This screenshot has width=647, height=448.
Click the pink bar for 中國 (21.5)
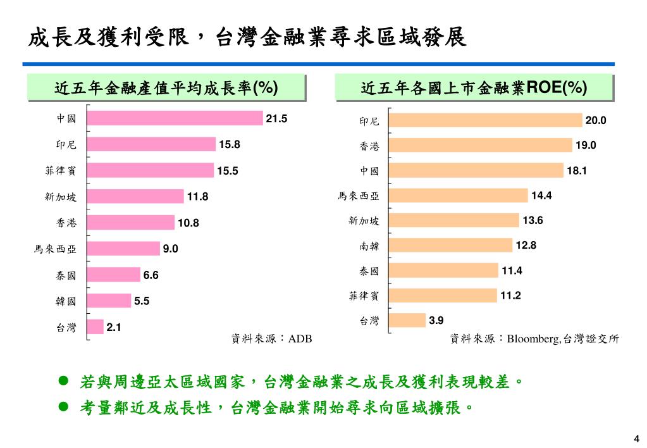tap(175, 118)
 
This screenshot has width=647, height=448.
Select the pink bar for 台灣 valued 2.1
tap(96, 327)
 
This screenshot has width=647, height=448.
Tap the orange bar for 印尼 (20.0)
tap(486, 120)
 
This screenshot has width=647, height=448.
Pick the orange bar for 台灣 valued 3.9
tap(408, 320)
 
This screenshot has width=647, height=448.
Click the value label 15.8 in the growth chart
tap(230, 145)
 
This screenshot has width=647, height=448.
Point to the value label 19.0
tap(586, 146)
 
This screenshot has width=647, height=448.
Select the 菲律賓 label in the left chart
tap(61, 171)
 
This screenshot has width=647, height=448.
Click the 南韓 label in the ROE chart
tap(369, 246)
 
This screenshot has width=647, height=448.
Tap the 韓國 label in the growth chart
tap(66, 301)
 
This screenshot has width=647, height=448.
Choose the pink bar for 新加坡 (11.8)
tap(135, 197)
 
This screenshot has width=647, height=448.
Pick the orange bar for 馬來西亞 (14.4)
tap(459, 196)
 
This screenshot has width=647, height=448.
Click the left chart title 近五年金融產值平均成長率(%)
tap(166, 88)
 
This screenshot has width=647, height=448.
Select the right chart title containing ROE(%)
tap(474, 87)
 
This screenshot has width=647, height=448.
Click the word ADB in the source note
tap(300, 339)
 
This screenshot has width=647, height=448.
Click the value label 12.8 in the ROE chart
tap(526, 246)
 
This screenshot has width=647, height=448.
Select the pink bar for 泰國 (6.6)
tap(114, 275)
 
